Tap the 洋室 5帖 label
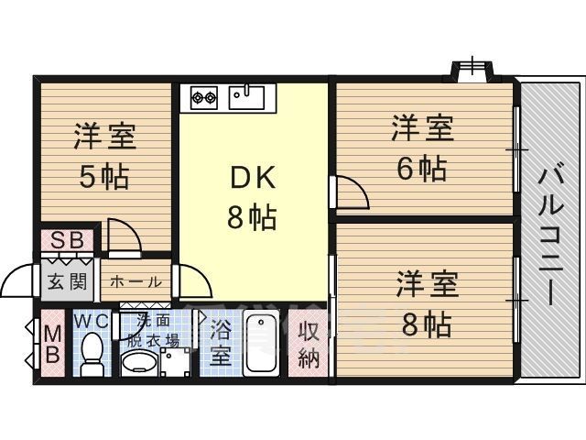(x=103, y=156)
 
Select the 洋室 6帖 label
(x=422, y=148)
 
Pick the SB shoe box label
(x=67, y=241)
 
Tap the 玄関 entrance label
(x=67, y=280)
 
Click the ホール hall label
(x=136, y=281)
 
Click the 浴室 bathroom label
(x=221, y=342)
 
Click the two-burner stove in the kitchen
(x=203, y=94)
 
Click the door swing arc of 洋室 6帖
(x=351, y=194)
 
